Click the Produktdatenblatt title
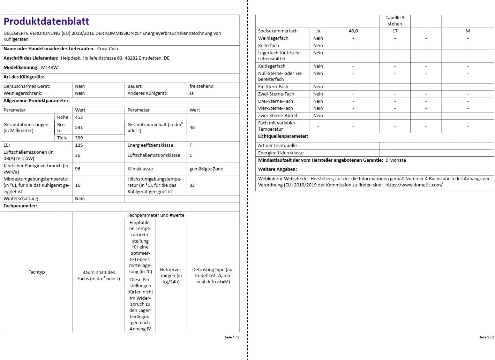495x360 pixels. tap(46, 22)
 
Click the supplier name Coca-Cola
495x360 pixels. tap(107, 49)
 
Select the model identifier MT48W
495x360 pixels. tap(50, 68)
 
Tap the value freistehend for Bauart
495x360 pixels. tap(201, 86)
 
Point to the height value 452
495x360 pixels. tap(79, 117)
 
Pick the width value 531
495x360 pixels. tap(79, 128)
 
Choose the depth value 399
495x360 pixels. tap(79, 138)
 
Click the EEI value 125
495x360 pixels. tap(79, 145)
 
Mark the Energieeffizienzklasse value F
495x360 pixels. tap(191, 145)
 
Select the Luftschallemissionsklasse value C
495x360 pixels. tap(191, 155)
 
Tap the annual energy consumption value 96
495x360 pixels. tap(78, 169)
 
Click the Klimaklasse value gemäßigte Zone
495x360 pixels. tap(206, 169)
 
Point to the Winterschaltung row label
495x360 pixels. tap(21, 199)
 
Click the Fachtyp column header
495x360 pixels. tap(37, 272)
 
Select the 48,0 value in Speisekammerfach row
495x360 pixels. tap(353, 31)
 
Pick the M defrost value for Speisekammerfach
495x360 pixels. tap(467, 31)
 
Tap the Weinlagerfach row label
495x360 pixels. tap(273, 38)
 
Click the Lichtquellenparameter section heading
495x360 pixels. tap(283, 136)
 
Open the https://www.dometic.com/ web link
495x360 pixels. tap(414, 185)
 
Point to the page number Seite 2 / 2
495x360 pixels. tap(486, 337)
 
